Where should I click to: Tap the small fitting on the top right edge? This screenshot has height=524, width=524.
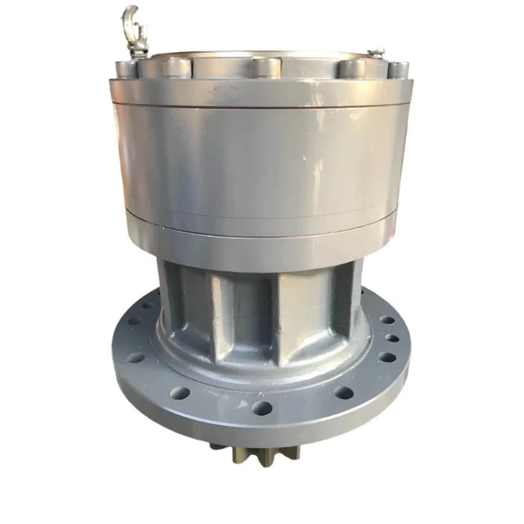click(376, 54)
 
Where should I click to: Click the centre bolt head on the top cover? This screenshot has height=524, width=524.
click(264, 66)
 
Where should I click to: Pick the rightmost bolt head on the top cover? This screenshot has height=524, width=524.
click(397, 70)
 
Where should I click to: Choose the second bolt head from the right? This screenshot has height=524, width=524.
click(351, 67)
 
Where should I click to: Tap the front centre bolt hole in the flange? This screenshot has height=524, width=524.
click(262, 407)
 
